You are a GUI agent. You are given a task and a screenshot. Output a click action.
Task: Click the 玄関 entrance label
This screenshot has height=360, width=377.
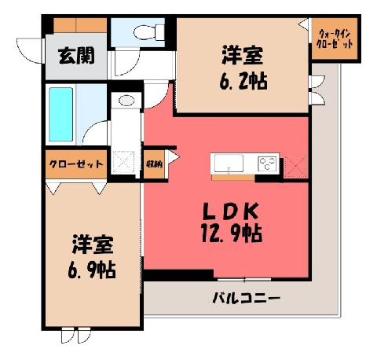76,56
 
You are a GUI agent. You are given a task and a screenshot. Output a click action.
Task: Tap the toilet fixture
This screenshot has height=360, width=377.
149,32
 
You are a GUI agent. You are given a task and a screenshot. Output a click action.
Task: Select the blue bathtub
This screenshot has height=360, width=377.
61,115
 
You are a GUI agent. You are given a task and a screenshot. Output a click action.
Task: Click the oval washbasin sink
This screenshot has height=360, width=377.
126,101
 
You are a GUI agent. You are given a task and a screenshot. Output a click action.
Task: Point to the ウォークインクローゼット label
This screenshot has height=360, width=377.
335,39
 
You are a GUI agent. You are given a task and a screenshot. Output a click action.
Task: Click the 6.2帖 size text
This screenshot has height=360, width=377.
243,81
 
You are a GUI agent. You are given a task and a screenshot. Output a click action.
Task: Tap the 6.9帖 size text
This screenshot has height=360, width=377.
92,270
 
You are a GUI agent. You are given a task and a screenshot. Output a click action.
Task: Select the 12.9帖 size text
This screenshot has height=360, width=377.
232,233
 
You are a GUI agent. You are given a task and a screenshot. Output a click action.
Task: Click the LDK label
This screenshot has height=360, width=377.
232,211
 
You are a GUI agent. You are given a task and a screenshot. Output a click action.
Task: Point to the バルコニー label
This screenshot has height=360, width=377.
246,298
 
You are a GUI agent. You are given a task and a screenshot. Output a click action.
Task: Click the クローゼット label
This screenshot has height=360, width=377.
76,164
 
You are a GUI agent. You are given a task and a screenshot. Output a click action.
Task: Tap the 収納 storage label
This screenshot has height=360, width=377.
154,164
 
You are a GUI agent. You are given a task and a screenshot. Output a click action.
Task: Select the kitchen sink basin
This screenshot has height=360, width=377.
229,163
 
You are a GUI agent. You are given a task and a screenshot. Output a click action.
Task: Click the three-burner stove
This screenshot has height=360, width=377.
267,163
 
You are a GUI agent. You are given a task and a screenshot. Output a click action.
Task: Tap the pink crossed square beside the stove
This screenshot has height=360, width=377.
295,167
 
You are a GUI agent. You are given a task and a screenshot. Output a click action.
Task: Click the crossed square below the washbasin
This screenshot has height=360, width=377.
123,162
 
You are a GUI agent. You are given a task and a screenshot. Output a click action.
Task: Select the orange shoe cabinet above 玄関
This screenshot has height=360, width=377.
80,25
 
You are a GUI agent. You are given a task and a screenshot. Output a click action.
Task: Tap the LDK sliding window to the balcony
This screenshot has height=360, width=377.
244,280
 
